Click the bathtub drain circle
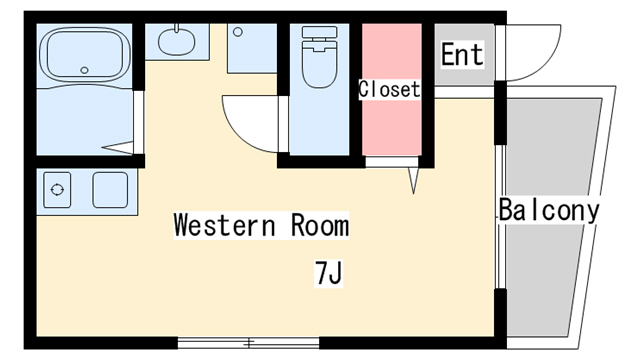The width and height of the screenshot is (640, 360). coord(84,70)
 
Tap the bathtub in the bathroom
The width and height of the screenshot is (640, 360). coord(84,55)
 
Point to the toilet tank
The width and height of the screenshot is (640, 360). coord(320,32)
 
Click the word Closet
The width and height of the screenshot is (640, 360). coord(389,89)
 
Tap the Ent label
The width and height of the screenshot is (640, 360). coord(462,54)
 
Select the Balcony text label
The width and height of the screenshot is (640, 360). coord(549,210)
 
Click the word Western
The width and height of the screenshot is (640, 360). coord(224,225)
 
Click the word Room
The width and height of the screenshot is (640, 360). coord(320,225)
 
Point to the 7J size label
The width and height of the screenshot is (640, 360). coord(328,273)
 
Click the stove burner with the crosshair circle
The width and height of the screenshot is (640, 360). coord(57,190)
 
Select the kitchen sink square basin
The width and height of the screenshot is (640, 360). coord(110,190)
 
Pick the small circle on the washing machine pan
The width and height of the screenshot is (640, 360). coord(238,31)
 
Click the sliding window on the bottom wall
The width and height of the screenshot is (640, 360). coord(249,343)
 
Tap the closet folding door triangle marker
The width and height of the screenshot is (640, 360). coord(413,180)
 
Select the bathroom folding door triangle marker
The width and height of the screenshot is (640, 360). coord(118,147)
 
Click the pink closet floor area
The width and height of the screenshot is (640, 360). coord(392,89)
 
